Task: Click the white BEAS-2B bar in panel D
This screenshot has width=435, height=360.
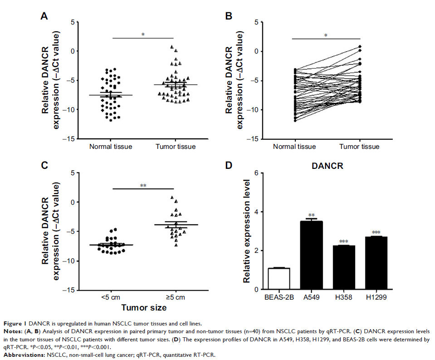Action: pos(276,278)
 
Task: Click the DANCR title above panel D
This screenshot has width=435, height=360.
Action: pos(327,166)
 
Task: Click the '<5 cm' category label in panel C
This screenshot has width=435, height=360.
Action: pos(110,297)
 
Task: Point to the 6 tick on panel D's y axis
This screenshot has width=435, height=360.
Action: pos(256,173)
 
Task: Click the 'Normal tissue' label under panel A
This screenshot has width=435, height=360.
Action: pos(110,147)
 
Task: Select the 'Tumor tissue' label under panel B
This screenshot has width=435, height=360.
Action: pos(358,147)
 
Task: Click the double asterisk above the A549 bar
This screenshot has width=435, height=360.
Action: pos(311,216)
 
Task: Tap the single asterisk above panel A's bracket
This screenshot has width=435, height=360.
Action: pos(143,35)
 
